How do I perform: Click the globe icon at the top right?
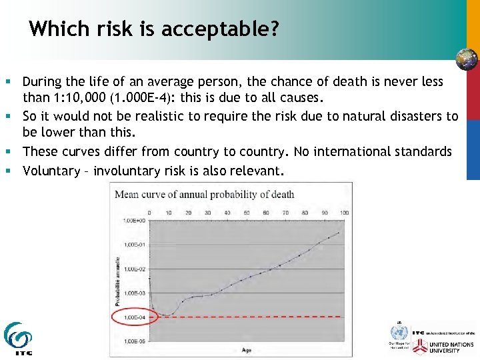[x=466, y=59]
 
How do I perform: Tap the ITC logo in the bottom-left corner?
[x=18, y=339]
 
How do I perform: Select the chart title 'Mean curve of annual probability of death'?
[x=205, y=195]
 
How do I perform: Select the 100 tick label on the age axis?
[x=344, y=213]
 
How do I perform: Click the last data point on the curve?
[x=339, y=233]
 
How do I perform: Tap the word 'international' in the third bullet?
[x=362, y=151]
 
